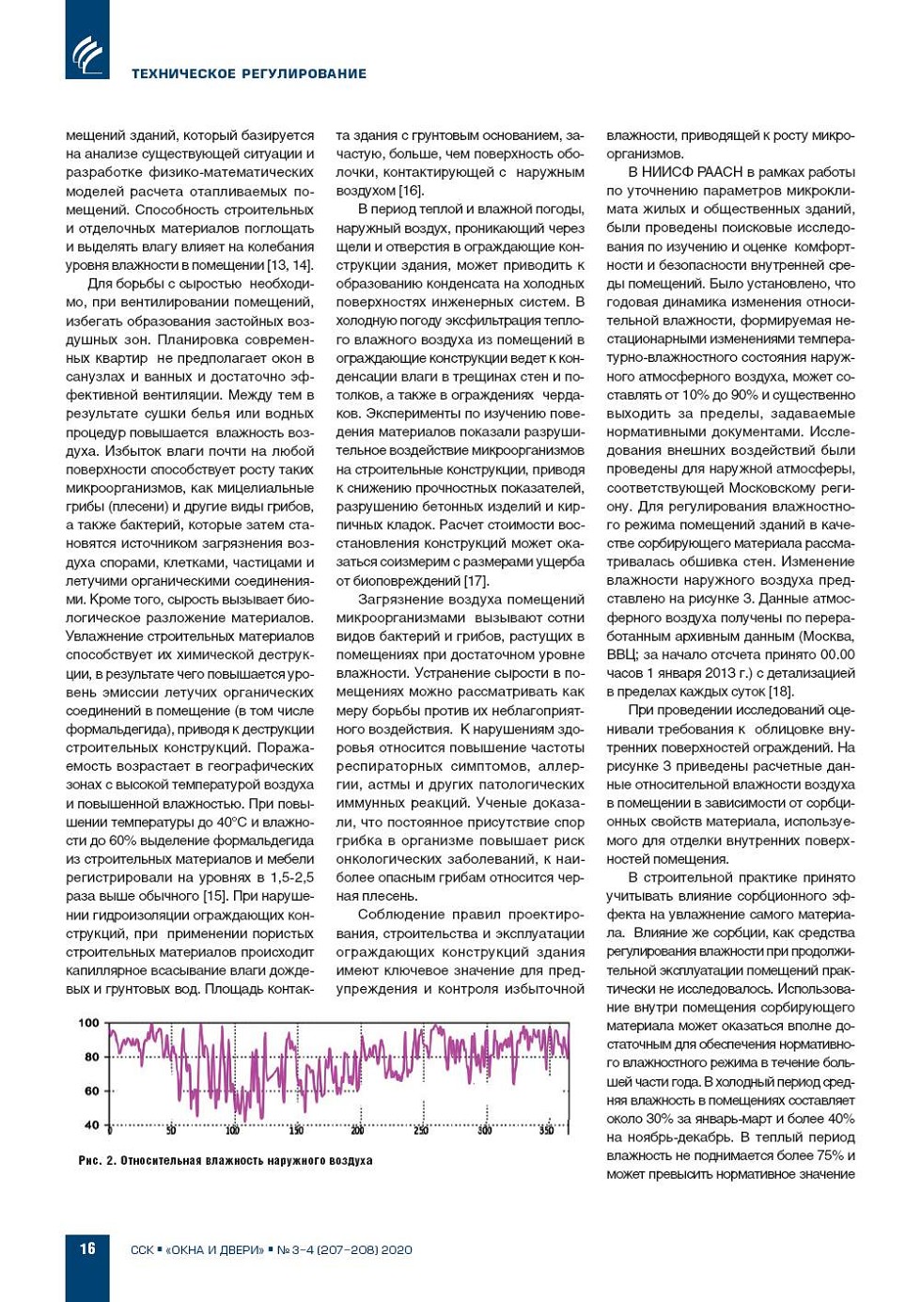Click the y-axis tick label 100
pos(88,1023)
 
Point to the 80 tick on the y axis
pos(91,1057)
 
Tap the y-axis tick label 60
pos(91,1090)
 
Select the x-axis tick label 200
pos(357,1130)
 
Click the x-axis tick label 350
pos(546,1130)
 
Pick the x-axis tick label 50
pos(171,1130)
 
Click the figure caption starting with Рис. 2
pos(226,1161)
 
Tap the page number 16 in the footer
pos(86,1248)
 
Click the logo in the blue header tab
pos(87,54)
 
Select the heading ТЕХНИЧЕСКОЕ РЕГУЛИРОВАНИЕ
pos(249,73)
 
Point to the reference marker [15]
pos(216,896)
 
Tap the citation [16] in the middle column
pos(411,191)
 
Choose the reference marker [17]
pos(476,581)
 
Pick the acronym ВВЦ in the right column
pos(621,655)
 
